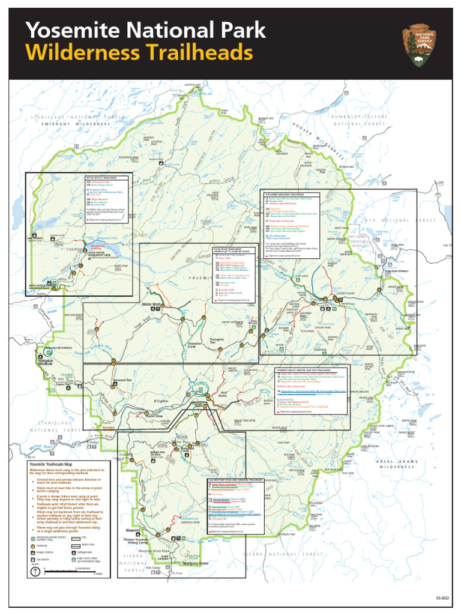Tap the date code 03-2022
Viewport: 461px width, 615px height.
[442, 599]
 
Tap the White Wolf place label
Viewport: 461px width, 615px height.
[151, 305]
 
